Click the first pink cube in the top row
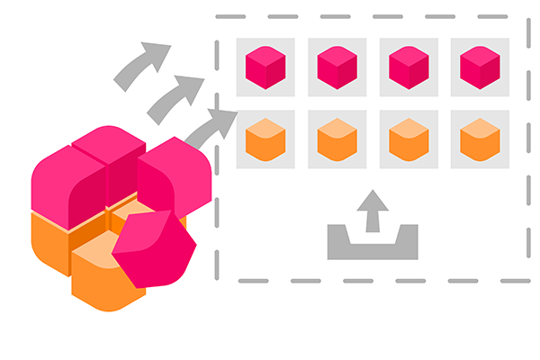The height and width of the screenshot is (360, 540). coord(265,67)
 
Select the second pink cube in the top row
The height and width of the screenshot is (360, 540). coord(337,67)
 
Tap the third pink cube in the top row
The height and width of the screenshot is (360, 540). coord(409,67)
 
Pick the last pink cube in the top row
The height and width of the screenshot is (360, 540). coord(480,67)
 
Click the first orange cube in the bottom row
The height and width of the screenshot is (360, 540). coord(265,139)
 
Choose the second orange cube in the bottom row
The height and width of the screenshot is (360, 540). coord(337,139)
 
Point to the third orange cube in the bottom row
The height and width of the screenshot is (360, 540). coord(409,139)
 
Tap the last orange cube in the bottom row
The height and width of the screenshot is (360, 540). coord(480,139)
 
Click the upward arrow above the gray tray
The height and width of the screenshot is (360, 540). coord(372,211)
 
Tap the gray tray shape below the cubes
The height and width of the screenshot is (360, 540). coord(372,244)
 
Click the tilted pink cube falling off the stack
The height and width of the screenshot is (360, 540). coord(155,248)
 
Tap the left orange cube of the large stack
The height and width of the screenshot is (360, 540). coord(49,238)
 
